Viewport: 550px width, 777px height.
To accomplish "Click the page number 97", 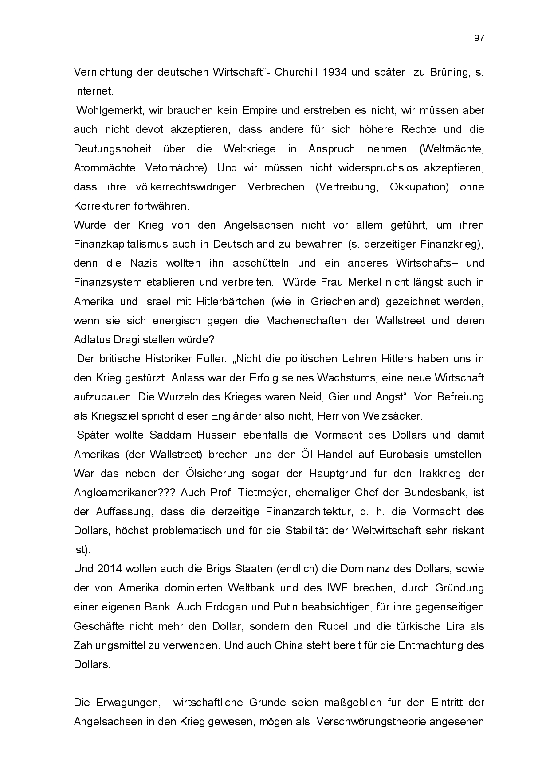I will coord(479,38).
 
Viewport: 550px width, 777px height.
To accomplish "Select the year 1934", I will coord(335,72).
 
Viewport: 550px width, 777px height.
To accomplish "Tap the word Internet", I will coord(93,91).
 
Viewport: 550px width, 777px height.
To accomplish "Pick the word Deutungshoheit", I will coord(112,149).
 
